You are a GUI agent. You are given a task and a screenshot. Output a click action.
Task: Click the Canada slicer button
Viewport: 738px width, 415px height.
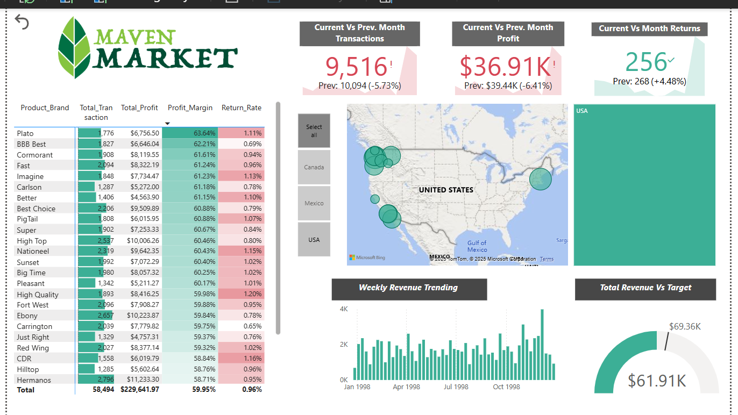314,167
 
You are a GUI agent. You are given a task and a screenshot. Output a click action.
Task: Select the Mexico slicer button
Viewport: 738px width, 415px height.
314,203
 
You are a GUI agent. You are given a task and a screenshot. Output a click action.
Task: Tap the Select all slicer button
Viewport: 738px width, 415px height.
314,131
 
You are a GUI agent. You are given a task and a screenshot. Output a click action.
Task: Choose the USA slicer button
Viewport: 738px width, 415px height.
314,240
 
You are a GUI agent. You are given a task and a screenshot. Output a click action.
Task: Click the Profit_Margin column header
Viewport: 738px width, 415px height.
190,108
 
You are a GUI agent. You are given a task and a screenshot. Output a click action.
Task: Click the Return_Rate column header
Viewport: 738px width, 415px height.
242,108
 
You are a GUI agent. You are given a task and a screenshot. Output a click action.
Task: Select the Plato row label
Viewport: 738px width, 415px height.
25,133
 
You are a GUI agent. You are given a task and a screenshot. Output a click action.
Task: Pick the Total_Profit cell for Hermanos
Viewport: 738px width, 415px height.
140,380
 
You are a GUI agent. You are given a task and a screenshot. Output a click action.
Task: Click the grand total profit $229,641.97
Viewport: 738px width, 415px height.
140,390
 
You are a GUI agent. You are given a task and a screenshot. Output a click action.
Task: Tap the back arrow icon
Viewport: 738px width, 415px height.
22,22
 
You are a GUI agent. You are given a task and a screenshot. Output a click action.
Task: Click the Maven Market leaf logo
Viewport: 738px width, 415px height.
74,47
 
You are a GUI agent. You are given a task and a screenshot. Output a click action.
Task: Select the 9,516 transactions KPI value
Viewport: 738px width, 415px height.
356,67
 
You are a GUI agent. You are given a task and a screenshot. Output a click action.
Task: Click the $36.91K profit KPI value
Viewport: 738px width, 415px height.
505,67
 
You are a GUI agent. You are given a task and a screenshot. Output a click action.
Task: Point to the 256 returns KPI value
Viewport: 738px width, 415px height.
646,62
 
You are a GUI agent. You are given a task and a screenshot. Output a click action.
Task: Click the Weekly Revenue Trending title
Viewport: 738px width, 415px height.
408,288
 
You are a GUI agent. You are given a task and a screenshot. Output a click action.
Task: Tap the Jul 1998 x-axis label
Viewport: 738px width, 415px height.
456,387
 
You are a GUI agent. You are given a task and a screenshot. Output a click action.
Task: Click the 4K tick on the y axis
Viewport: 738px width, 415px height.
344,309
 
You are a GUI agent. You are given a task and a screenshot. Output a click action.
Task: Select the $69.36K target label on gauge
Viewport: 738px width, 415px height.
685,326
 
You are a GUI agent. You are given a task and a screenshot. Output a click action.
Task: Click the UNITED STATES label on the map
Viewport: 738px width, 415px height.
446,190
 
